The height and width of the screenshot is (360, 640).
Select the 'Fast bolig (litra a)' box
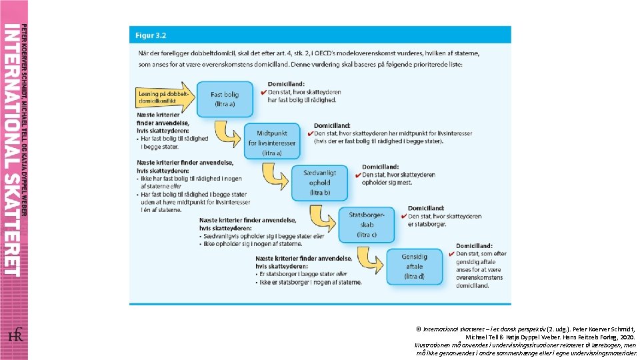coord(224,99)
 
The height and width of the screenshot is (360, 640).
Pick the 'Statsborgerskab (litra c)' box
coord(367,225)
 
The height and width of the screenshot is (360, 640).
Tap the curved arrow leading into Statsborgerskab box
coord(323,217)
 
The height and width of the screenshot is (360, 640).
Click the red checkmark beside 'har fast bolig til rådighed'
coord(263,92)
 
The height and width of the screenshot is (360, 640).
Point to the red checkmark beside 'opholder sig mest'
coord(358,175)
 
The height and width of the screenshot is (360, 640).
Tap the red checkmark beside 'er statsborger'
coord(404,216)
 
